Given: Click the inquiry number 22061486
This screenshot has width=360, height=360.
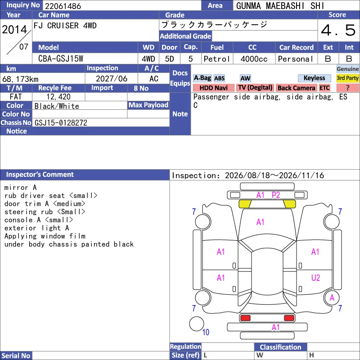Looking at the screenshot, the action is pyautogui.click(x=63, y=6).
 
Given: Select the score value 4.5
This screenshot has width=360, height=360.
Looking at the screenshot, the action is pyautogui.click(x=338, y=30).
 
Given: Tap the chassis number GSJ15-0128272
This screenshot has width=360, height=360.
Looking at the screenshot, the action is pyautogui.click(x=61, y=123).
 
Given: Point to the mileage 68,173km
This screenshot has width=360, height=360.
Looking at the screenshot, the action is pyautogui.click(x=20, y=79).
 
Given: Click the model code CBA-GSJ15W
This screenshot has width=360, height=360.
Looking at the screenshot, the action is pyautogui.click(x=61, y=59).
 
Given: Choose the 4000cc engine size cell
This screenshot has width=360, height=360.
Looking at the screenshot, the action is pyautogui.click(x=254, y=59).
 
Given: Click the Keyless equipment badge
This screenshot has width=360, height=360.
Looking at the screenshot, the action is pyautogui.click(x=314, y=78).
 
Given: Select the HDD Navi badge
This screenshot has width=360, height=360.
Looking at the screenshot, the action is pyautogui.click(x=213, y=88).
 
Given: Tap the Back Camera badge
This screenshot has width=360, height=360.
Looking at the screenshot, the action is pyautogui.click(x=296, y=88).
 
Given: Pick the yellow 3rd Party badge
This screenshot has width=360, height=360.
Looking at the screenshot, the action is pyautogui.click(x=347, y=78).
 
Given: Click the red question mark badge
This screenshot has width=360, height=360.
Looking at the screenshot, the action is pyautogui.click(x=347, y=88).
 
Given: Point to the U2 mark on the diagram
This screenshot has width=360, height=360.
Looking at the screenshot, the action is pyautogui.click(x=315, y=278).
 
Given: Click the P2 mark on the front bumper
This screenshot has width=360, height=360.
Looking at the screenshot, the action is pyautogui.click(x=276, y=195).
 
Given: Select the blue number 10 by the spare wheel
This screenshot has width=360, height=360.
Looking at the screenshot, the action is pyautogui.click(x=206, y=332).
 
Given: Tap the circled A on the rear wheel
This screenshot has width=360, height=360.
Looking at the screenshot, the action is pyautogui.click(x=332, y=298).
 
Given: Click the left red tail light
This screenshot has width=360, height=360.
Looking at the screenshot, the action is pyautogui.click(x=245, y=318).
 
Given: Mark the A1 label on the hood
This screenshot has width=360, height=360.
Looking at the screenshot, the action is pyautogui.click(x=260, y=222).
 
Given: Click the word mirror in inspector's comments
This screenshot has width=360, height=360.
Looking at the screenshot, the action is pyautogui.click(x=16, y=188).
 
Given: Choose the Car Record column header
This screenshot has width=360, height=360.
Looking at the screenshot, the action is pyautogui.click(x=297, y=48).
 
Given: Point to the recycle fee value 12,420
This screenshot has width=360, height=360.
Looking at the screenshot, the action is pyautogui.click(x=58, y=97).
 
